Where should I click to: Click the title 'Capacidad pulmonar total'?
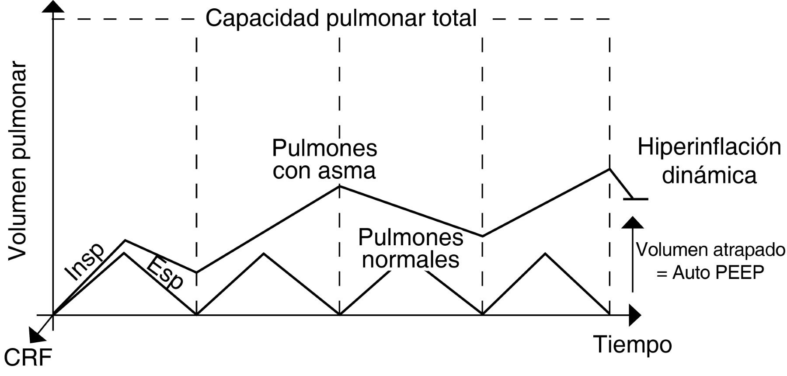click(x=341, y=19)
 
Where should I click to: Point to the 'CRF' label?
click(x=28, y=358)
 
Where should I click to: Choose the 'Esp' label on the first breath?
click(x=165, y=273)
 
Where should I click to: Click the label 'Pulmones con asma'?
click(x=324, y=159)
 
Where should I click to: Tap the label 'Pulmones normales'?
click(x=411, y=248)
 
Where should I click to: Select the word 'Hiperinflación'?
click(x=709, y=147)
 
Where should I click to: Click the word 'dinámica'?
click(x=709, y=175)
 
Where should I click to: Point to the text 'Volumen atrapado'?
click(x=710, y=250)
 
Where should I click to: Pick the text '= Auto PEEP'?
click(x=710, y=272)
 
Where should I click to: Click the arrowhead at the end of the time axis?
click(x=635, y=315)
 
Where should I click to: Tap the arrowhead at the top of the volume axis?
click(x=53, y=7)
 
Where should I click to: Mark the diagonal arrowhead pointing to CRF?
click(x=34, y=336)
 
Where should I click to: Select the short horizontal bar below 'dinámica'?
click(x=636, y=199)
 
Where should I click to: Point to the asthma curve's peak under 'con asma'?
click(x=340, y=186)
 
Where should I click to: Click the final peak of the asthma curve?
click(x=609, y=169)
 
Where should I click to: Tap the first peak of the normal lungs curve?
click(x=125, y=253)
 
